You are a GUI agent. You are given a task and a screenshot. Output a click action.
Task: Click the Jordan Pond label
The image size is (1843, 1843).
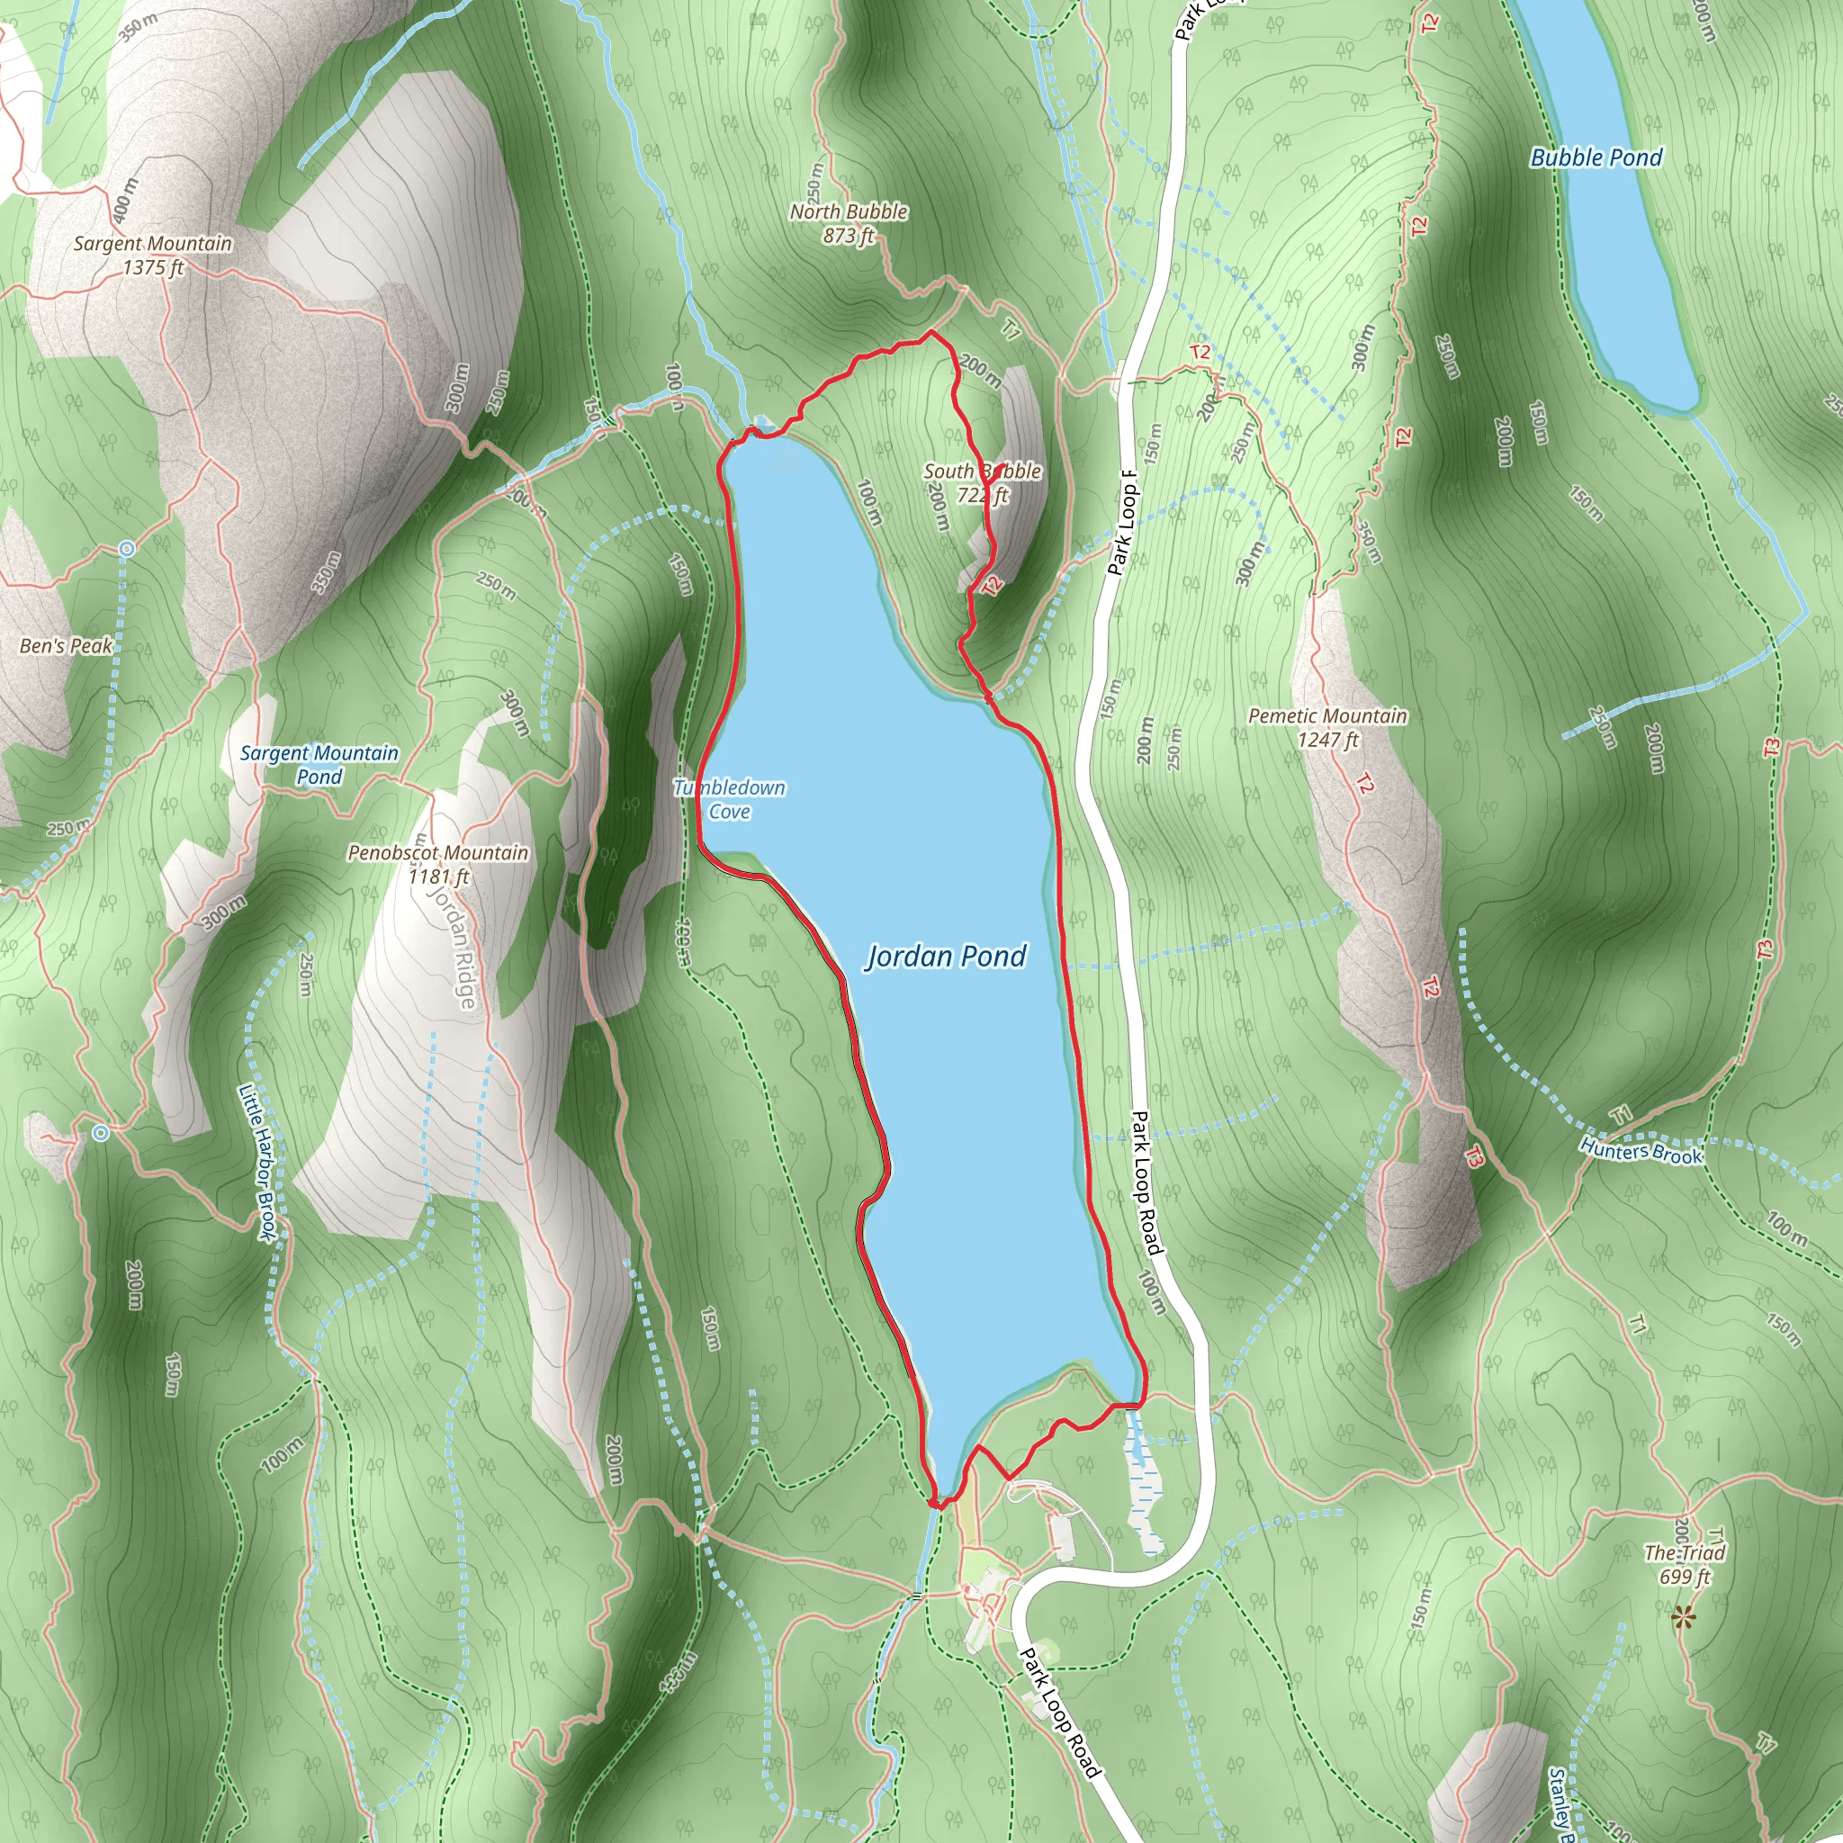pos(946,956)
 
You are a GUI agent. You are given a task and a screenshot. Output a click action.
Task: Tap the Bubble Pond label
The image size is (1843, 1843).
pos(1596,157)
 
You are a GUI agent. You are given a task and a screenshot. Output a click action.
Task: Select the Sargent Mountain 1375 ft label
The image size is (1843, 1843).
pos(153,256)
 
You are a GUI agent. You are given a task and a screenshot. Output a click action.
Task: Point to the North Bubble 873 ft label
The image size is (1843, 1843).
pos(848,223)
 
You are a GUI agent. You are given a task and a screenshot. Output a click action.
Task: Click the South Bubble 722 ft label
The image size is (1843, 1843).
pos(982,482)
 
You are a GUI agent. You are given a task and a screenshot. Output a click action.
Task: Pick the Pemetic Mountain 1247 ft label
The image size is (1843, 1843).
pos(1327,727)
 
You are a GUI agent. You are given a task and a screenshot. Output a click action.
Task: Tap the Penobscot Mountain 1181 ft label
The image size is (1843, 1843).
pos(438,863)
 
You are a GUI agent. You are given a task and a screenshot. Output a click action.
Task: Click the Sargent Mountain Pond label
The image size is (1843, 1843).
pos(319,764)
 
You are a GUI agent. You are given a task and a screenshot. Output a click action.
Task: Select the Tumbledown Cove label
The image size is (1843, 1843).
pos(729,799)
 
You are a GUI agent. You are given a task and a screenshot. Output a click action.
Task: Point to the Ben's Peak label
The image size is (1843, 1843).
pos(66,646)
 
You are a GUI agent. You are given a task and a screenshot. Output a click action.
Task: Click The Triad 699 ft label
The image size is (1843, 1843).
pos(1685,1564)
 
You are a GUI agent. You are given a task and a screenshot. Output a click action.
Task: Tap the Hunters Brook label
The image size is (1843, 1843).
pos(1641,1151)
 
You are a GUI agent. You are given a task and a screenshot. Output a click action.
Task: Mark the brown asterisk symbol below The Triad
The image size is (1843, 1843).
pos(1684,1617)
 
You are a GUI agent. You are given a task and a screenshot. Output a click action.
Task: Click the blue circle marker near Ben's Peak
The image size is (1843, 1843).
pos(127,550)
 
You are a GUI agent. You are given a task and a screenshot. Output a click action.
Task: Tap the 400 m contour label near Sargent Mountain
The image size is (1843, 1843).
pos(124,201)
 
